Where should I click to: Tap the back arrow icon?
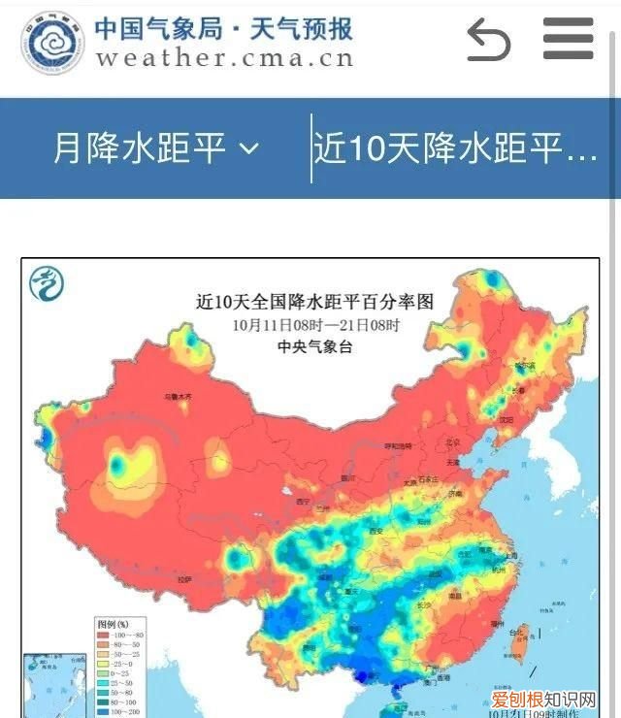[x=488, y=40]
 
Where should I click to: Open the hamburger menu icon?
[x=568, y=39]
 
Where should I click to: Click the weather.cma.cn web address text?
[x=224, y=57]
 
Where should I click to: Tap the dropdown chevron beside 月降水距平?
[x=249, y=148]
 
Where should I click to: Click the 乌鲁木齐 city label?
[x=178, y=397]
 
